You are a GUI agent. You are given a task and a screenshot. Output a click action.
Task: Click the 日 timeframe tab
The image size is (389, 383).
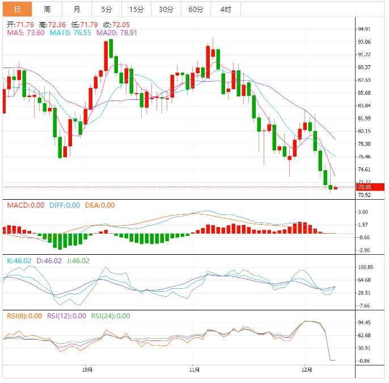(x=18, y=9)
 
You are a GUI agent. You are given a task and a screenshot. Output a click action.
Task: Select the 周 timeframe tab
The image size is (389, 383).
(x=47, y=9)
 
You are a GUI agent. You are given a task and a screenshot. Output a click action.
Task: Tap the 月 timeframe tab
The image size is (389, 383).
(x=77, y=9)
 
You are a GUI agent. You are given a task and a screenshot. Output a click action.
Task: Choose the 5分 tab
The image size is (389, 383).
(x=107, y=9)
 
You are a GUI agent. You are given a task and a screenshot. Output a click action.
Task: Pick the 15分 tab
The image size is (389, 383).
(x=136, y=9)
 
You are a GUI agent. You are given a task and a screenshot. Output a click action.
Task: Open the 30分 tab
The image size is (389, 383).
(x=166, y=9)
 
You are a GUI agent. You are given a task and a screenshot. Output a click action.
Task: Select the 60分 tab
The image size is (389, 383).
(x=196, y=9)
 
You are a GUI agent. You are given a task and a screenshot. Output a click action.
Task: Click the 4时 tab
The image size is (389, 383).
(x=225, y=9)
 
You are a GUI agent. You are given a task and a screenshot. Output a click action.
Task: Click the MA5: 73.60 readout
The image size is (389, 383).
(x=26, y=33)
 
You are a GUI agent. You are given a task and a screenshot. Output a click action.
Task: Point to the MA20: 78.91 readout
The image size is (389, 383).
(x=117, y=33)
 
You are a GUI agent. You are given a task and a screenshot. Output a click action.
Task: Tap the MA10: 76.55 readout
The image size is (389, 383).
(x=70, y=33)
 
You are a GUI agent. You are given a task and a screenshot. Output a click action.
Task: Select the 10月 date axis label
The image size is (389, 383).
(x=87, y=369)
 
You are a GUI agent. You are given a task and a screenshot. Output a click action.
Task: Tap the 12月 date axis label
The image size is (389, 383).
(x=307, y=369)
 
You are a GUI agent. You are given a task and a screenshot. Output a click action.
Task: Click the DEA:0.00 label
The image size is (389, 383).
(x=100, y=205)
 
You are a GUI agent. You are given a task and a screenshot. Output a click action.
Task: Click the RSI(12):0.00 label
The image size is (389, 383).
(x=67, y=316)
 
